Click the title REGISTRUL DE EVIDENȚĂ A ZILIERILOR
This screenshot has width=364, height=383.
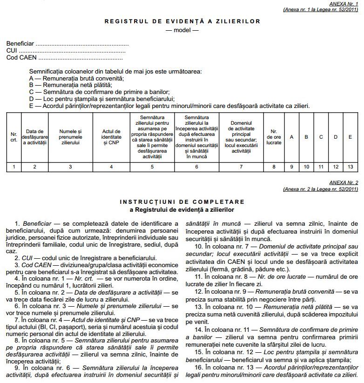pos(182,21)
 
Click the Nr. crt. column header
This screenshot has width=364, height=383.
pos(14,137)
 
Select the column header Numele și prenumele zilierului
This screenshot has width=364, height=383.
pos(70,137)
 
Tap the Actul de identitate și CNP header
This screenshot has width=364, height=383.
pos(111,137)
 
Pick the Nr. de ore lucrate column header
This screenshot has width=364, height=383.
pos(274,137)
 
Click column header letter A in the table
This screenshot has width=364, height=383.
pos(292,137)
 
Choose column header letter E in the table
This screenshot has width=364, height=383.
pos(350,137)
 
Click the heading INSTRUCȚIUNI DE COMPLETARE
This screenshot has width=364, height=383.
pos(182,202)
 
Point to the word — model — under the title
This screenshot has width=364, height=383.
pos(182,30)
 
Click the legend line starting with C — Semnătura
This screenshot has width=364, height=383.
pos(99,92)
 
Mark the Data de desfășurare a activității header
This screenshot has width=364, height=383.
pos(35,137)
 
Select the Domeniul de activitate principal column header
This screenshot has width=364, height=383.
pos(241,137)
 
